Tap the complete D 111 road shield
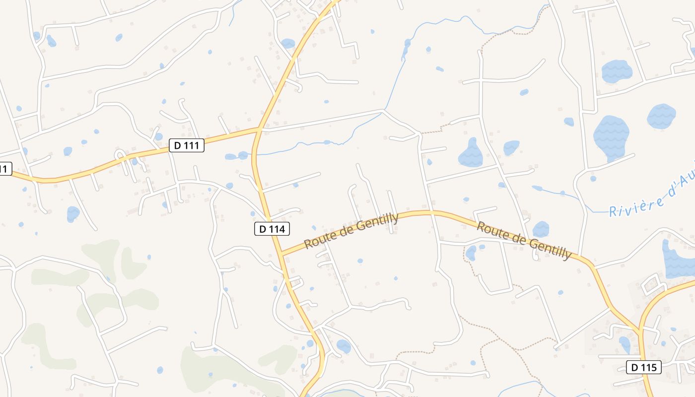[x=187, y=145]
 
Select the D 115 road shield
[x=644, y=367]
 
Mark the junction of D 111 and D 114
[x=259, y=129]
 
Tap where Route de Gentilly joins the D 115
[x=639, y=331]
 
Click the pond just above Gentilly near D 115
[x=541, y=229]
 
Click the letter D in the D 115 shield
[x=634, y=367]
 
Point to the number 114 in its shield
[x=277, y=229]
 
